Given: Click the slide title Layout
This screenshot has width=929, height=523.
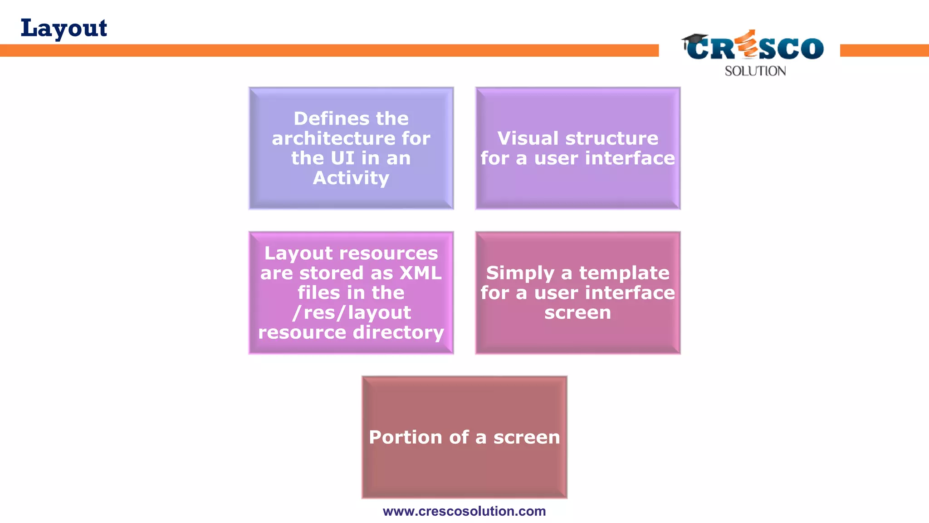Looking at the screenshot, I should [64, 28].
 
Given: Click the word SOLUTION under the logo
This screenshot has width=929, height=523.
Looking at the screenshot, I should [755, 71].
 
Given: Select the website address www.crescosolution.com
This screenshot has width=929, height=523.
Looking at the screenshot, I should [464, 511].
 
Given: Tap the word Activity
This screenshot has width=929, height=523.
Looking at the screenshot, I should [351, 178].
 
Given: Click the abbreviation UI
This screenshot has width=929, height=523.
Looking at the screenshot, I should [342, 158].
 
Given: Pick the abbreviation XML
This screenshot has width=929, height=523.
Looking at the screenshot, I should [420, 273].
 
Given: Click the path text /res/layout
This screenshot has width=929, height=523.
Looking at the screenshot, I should [352, 313].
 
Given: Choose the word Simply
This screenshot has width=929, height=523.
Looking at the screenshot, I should [520, 273].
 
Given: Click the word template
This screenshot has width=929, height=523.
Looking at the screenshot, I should [624, 273].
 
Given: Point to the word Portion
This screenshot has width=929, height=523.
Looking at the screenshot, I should [406, 438].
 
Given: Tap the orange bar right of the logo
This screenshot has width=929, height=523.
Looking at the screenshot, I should [884, 50].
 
